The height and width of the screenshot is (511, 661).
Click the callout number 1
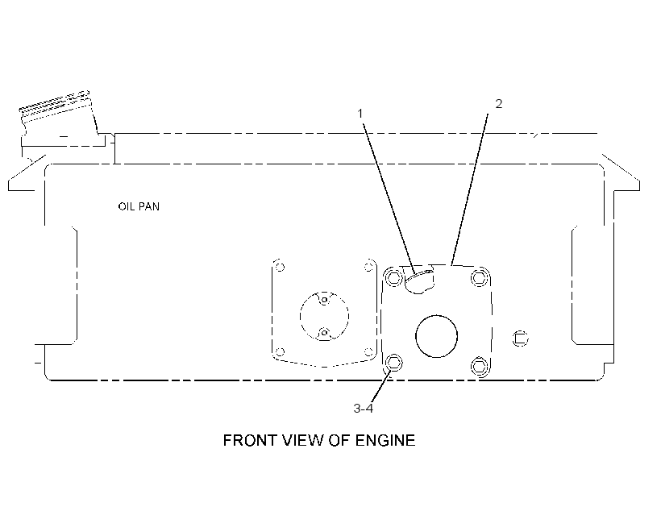pos(360,114)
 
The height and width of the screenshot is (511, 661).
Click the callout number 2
pos(499,104)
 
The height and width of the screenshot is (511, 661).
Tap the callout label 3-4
pos(364,408)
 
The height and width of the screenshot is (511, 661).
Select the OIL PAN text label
pos(139,206)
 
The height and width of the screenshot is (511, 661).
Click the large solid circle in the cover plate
pos(436,336)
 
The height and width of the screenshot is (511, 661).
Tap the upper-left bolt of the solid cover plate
pos(394,277)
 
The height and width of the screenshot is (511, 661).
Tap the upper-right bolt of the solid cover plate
pos(479,278)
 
